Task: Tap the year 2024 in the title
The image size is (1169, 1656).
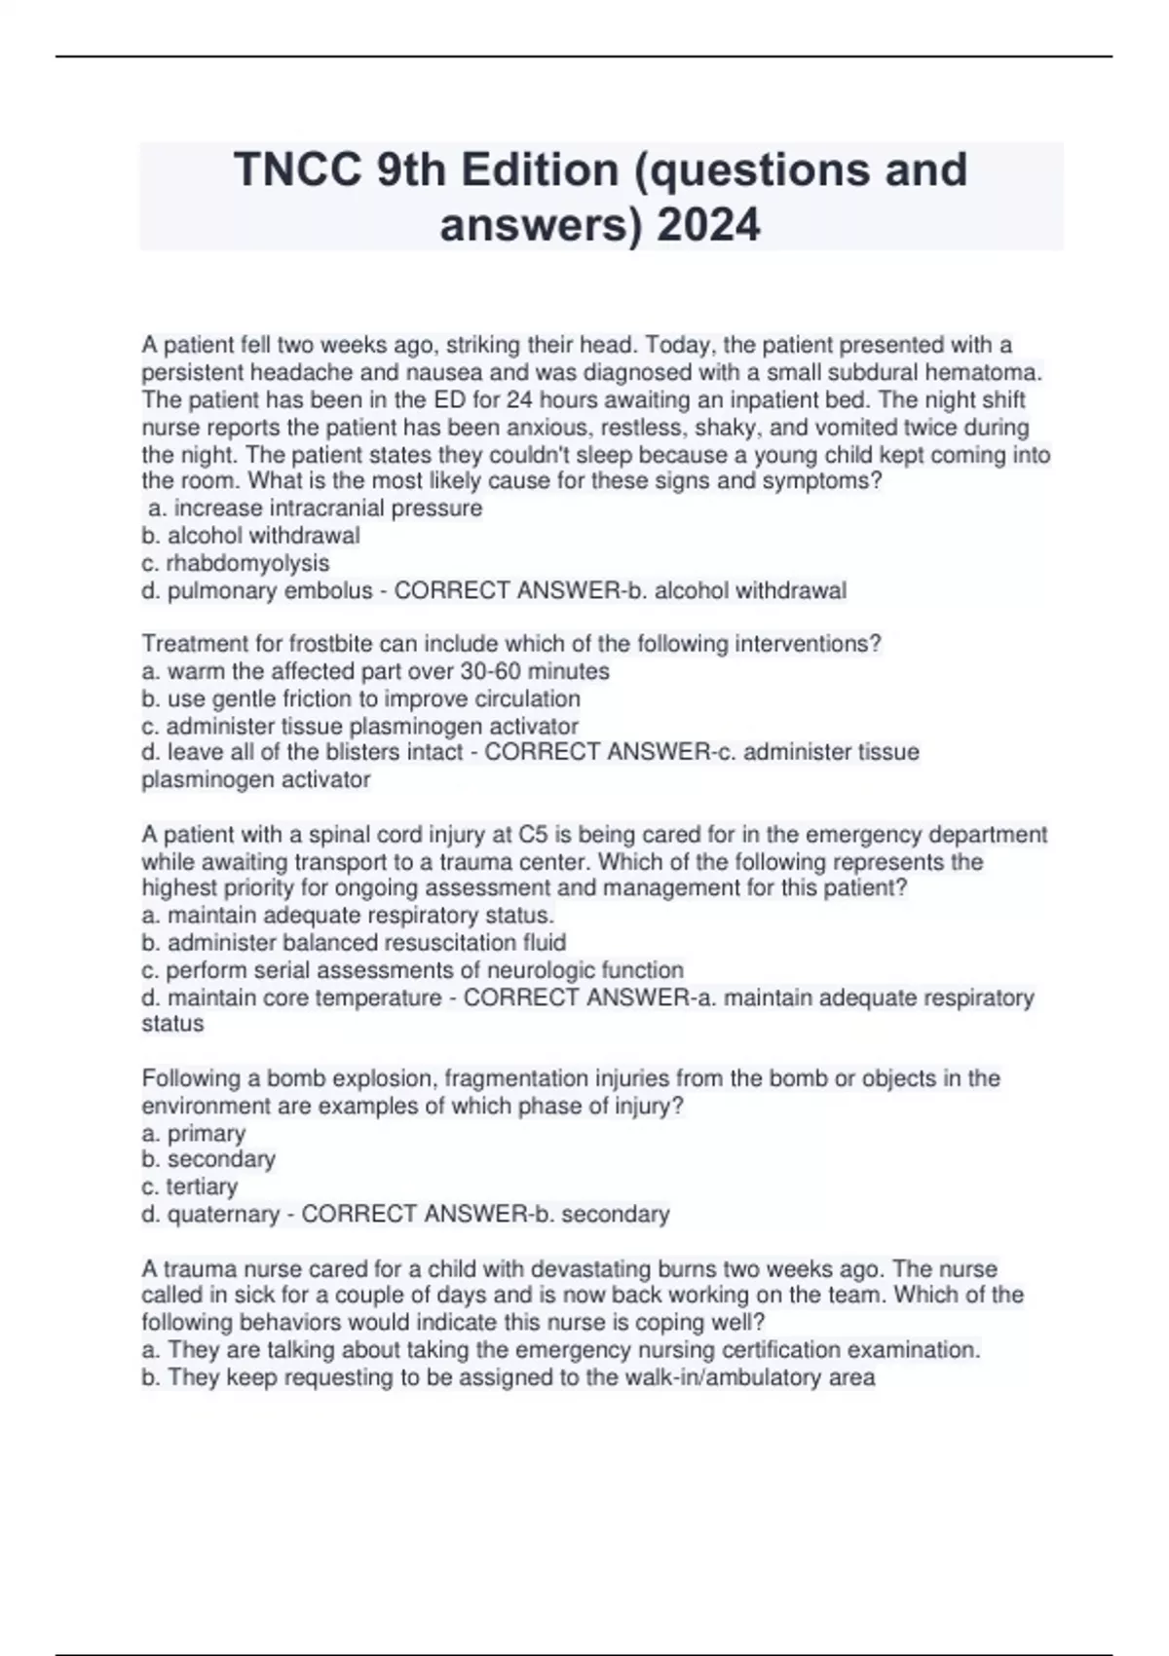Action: coord(708,226)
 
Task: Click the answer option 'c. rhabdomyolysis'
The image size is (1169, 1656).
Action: coord(236,563)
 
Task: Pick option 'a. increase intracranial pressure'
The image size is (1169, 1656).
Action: coord(314,508)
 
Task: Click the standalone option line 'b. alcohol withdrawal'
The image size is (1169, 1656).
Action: coord(250,536)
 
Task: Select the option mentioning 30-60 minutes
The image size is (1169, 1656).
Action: coord(375,671)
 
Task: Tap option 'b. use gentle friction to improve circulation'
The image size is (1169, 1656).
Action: coord(360,698)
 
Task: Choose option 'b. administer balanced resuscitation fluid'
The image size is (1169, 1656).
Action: coord(354,943)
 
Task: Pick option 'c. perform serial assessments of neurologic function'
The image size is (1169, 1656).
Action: coord(412,970)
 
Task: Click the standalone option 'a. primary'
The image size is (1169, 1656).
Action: coord(193,1134)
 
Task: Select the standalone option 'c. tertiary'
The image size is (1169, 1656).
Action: coord(189,1186)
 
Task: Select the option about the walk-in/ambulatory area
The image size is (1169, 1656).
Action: coord(508,1377)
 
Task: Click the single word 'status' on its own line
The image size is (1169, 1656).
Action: coord(172,1024)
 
